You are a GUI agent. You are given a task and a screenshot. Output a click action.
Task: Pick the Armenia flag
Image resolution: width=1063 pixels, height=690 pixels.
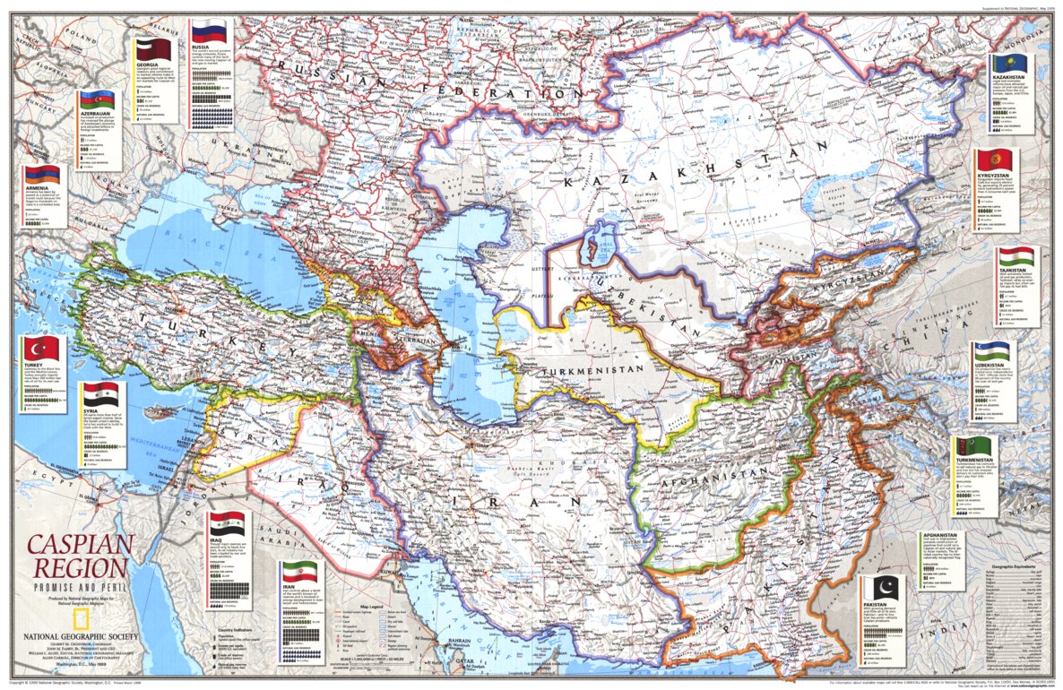click(x=42, y=174)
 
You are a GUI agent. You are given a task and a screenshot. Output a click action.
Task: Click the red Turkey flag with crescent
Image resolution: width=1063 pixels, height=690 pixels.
click(x=40, y=349)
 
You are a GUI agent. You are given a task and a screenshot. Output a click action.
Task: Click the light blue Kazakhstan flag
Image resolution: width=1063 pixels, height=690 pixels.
click(x=1008, y=64)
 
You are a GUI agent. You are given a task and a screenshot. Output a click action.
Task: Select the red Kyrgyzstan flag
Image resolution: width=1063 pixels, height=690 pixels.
click(x=991, y=162)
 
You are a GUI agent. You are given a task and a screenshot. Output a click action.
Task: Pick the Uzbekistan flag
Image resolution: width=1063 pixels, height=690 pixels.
click(x=991, y=351)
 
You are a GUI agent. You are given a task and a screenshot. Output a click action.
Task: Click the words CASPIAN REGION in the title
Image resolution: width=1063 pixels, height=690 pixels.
click(x=78, y=555)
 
